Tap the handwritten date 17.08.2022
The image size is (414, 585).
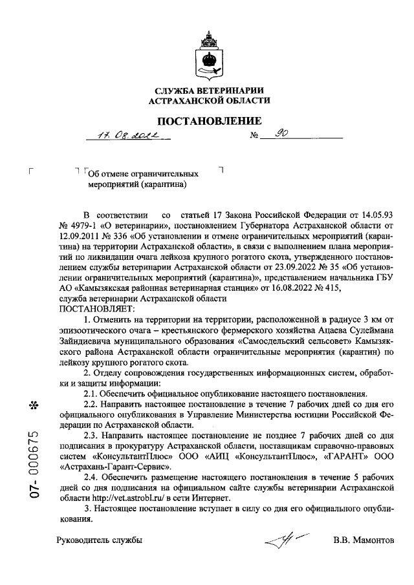click(126, 136)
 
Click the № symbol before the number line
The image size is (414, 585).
click(254, 137)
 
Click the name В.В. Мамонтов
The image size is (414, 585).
click(363, 540)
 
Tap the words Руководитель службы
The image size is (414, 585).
click(99, 540)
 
